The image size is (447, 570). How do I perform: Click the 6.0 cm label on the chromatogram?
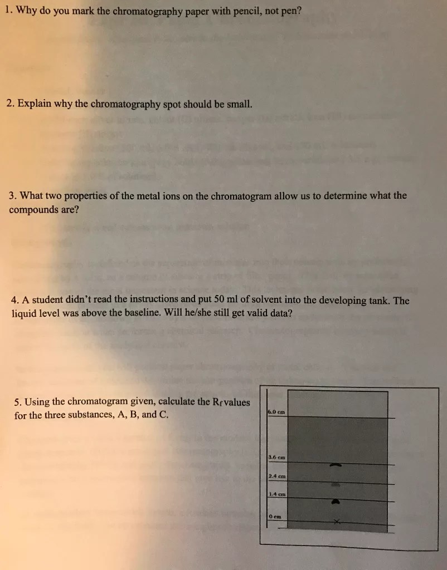coord(277,412)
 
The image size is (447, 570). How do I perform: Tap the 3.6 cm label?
coord(277,458)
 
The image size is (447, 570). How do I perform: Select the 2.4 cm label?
coord(277,476)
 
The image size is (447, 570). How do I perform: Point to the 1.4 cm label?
coord(277,494)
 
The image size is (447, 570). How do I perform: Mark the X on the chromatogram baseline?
coord(337,522)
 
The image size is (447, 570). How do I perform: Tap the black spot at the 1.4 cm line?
coord(336,500)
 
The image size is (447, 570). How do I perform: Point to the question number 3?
coord(12,196)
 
